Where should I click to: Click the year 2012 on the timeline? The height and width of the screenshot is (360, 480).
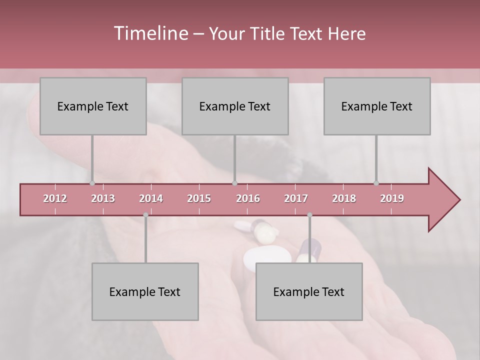(x=55, y=198)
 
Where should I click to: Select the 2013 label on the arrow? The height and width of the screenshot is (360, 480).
(x=103, y=198)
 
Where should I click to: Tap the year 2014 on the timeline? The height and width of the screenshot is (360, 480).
(x=151, y=198)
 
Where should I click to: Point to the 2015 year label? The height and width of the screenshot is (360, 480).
(x=199, y=198)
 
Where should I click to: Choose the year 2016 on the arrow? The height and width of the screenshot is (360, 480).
(x=248, y=198)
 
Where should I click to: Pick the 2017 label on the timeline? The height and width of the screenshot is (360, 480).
(x=296, y=198)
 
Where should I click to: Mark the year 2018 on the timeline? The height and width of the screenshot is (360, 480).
(x=344, y=198)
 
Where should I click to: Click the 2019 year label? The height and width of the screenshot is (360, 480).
(x=392, y=198)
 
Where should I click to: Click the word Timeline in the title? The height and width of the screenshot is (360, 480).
(x=150, y=33)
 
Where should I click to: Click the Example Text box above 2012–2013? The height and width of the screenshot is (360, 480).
(x=93, y=106)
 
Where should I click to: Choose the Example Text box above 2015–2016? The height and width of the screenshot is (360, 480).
(x=235, y=106)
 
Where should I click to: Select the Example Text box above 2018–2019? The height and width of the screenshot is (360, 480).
(x=377, y=106)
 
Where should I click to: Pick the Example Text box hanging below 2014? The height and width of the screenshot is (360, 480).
(x=145, y=291)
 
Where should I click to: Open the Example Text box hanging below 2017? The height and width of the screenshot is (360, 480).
(x=309, y=291)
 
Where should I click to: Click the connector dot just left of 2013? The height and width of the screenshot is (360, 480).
(x=92, y=183)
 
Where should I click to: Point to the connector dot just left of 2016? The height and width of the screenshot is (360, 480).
(x=235, y=183)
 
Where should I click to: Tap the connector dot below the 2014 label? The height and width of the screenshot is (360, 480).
(x=145, y=215)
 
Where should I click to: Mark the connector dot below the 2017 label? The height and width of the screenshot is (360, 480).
(x=309, y=215)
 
